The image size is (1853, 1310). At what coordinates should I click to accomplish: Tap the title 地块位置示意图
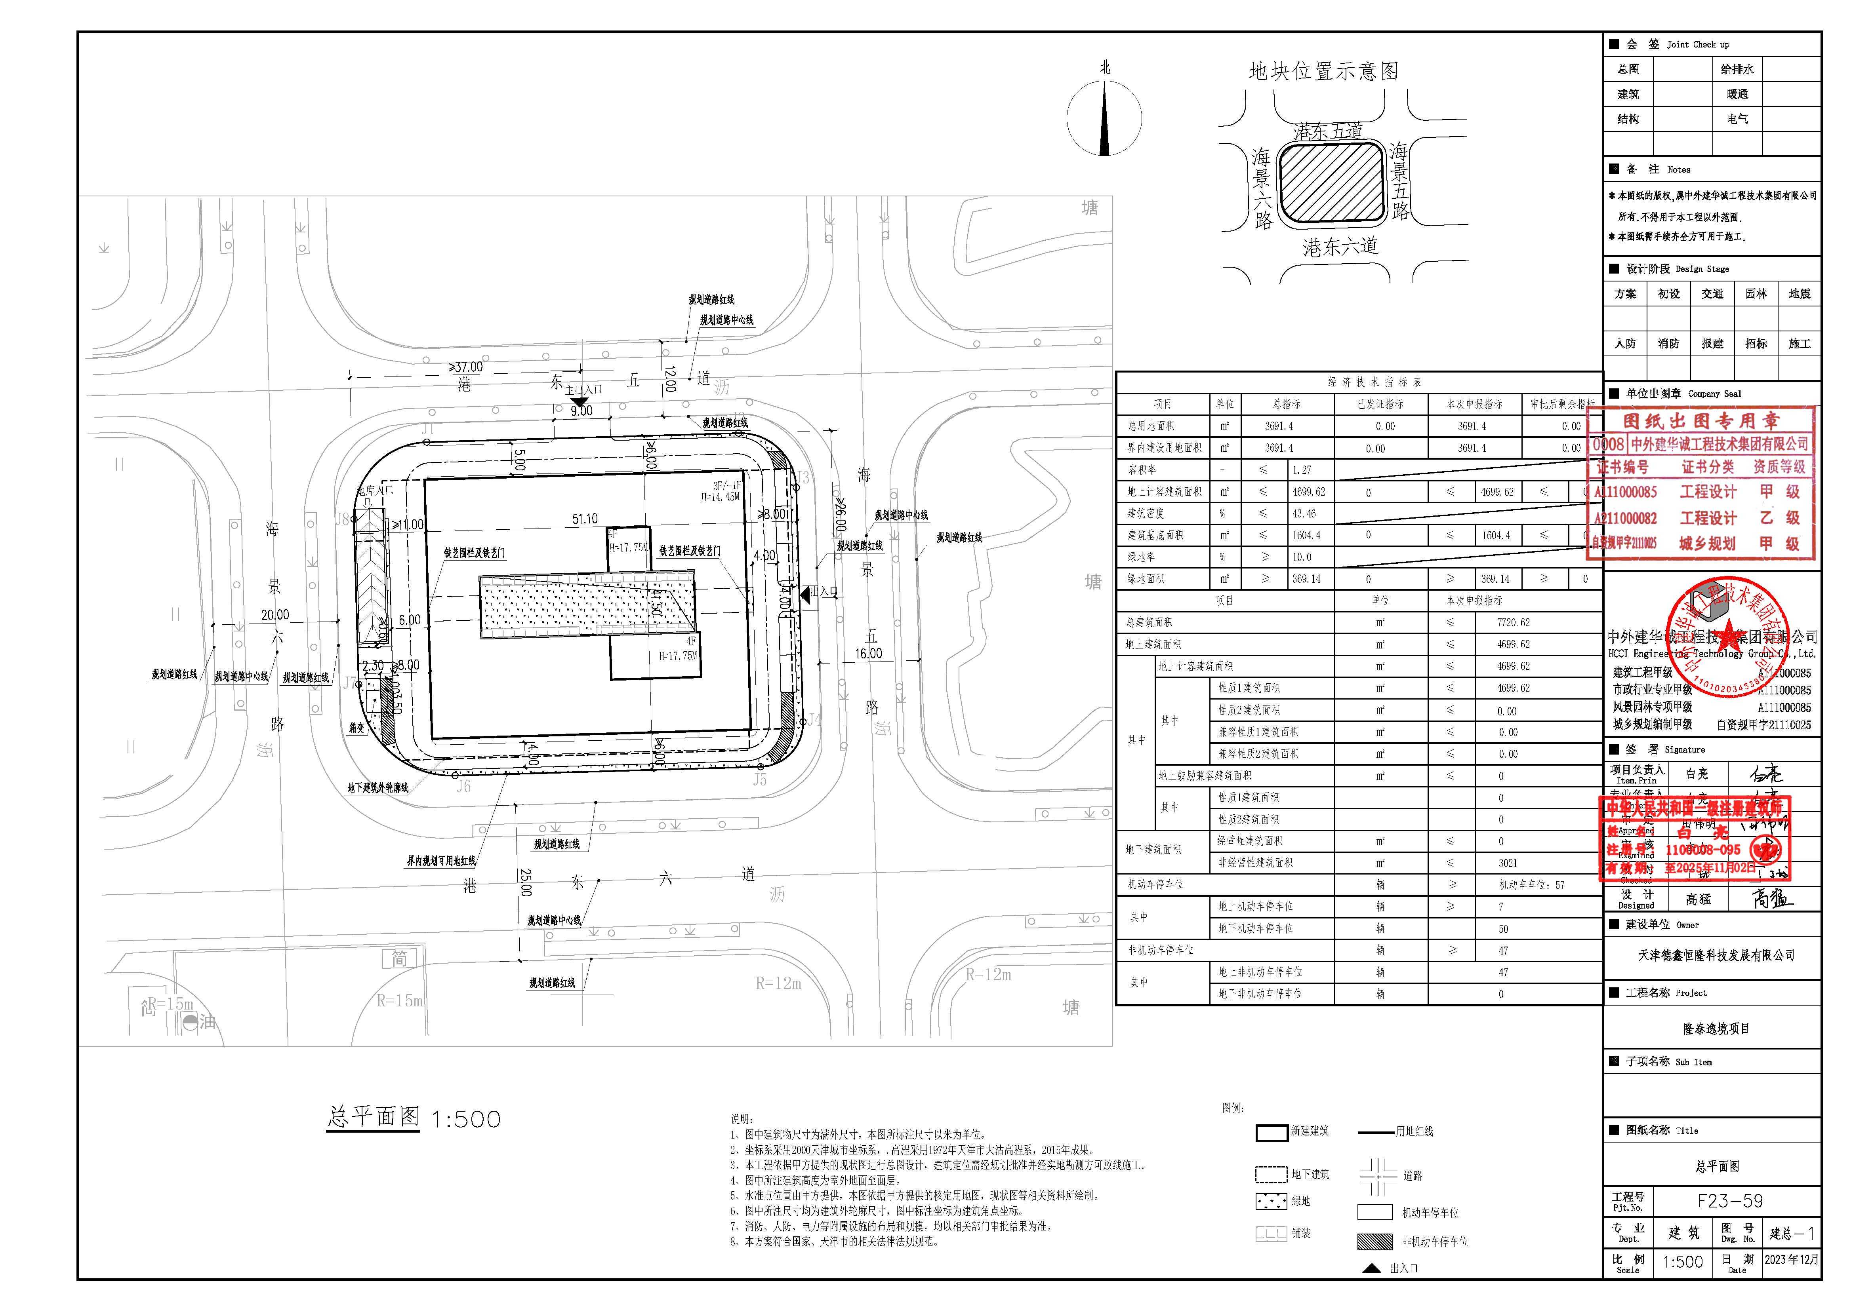1323,72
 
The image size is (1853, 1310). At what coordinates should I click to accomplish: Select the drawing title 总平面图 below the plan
374,1117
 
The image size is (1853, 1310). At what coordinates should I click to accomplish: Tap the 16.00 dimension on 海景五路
868,653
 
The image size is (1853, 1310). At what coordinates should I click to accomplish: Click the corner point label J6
463,787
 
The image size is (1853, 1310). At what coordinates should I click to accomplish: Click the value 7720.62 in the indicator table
1513,623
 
